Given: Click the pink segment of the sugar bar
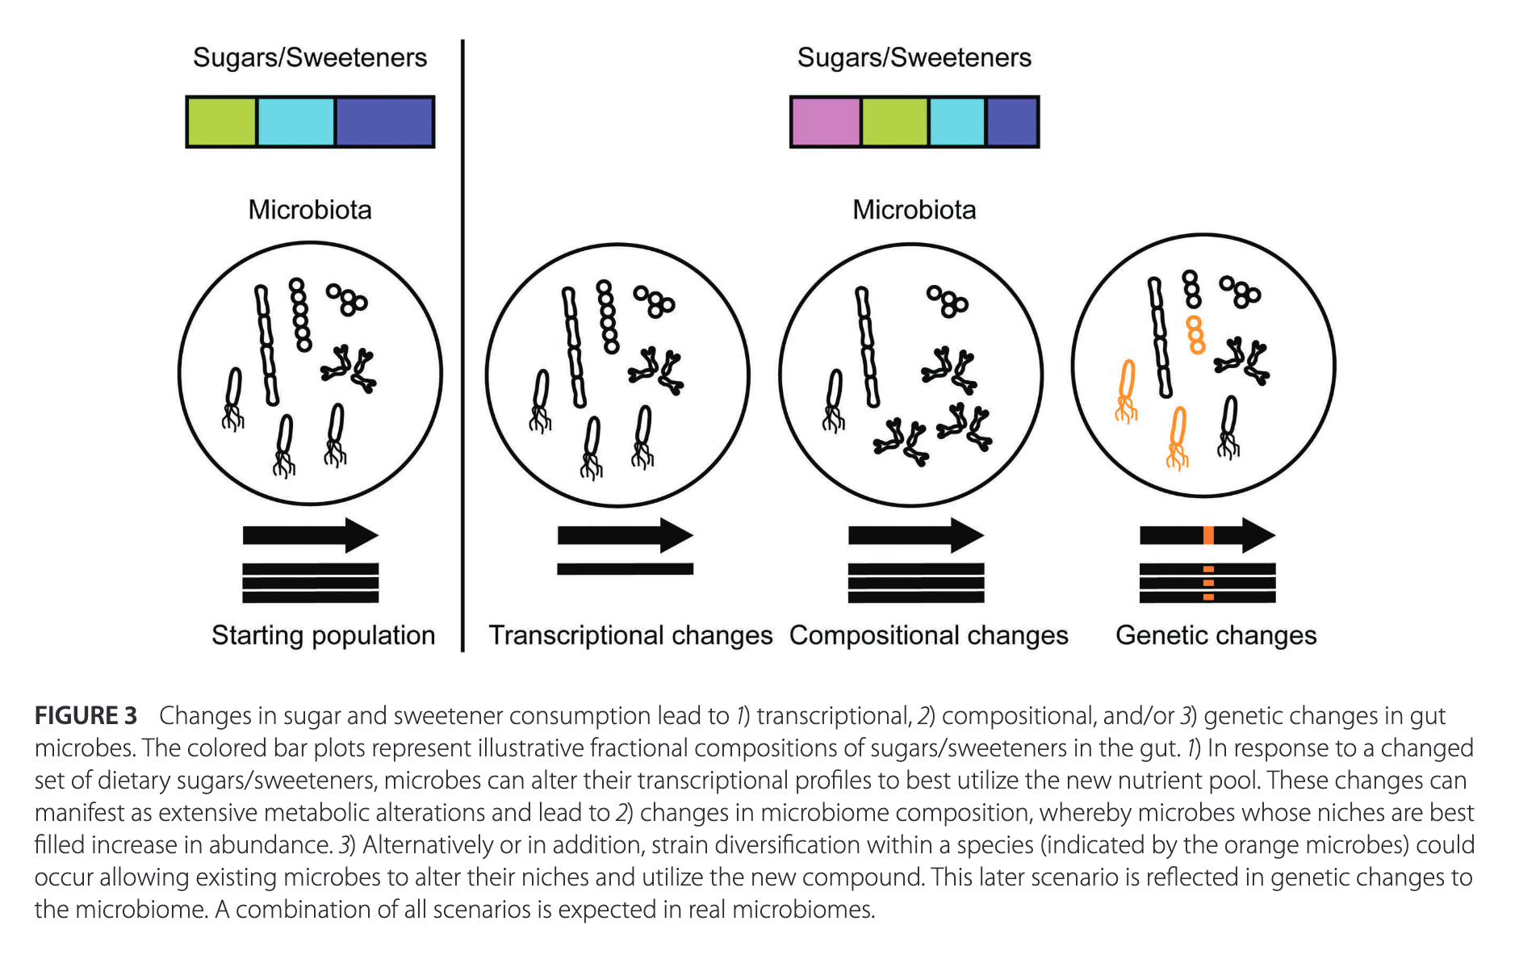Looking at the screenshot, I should [x=825, y=122].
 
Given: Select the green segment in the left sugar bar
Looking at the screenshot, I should [x=221, y=122].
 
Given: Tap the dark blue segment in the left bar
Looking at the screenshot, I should [x=383, y=122].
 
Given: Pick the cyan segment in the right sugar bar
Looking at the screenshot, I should [x=956, y=122].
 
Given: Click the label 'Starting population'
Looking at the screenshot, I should [x=323, y=635].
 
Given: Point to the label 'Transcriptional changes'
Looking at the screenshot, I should [x=630, y=635].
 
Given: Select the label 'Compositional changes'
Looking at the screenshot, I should [x=928, y=635].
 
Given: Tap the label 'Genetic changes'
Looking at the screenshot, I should [x=1216, y=635].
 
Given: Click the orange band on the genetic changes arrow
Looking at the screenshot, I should [x=1208, y=534].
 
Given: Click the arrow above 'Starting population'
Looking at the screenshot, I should [x=310, y=534].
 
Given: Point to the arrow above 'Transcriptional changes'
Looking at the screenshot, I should [x=625, y=534].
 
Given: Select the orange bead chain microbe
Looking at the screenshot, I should [x=1195, y=335].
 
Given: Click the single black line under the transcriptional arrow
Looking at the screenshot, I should [x=625, y=569].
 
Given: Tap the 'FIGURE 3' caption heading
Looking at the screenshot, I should [x=86, y=716].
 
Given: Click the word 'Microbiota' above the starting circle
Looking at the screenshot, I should [x=310, y=210].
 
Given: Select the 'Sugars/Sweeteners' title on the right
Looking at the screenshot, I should [x=914, y=57].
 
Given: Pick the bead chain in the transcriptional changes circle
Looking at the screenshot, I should [x=607, y=316].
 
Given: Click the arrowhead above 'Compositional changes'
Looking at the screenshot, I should [x=968, y=534].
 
